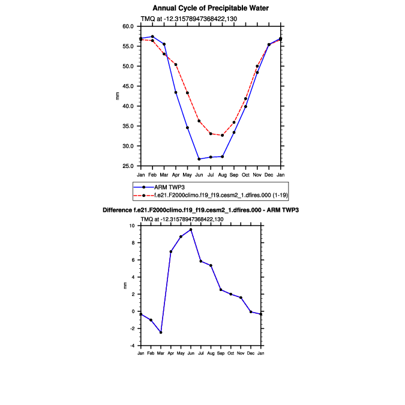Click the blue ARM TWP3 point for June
199,159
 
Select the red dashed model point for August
222,136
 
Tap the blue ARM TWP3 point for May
187,128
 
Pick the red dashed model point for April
176,64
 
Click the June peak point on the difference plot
191,229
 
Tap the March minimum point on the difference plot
161,332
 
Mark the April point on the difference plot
171,251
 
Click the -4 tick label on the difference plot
133,346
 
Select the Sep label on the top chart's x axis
234,175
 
